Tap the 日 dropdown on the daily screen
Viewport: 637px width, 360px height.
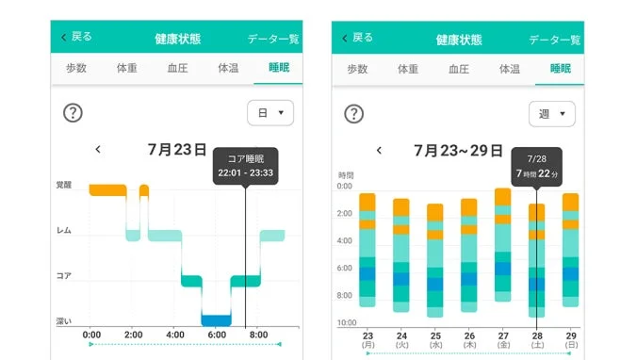[x=270, y=113]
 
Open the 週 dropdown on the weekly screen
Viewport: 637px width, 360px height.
[x=552, y=114]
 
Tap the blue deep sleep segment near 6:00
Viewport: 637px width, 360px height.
[x=216, y=320]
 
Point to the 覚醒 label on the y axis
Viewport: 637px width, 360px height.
[x=64, y=186]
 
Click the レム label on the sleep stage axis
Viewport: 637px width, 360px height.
[x=64, y=231]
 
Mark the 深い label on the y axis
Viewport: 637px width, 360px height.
[x=64, y=321]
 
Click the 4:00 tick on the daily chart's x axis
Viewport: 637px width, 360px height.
[x=174, y=335]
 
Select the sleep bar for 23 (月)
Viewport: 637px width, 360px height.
[x=367, y=250]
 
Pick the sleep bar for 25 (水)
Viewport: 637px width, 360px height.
[x=434, y=257]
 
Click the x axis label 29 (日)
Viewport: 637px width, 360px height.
[x=569, y=340]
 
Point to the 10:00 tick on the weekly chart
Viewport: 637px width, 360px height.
[x=347, y=323]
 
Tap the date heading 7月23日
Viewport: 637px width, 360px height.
[x=177, y=149]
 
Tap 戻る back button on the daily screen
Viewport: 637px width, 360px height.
[x=76, y=37]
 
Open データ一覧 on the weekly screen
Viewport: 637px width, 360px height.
[x=555, y=40]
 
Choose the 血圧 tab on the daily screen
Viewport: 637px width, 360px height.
[x=176, y=69]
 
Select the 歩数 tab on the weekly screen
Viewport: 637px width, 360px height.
[x=357, y=69]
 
